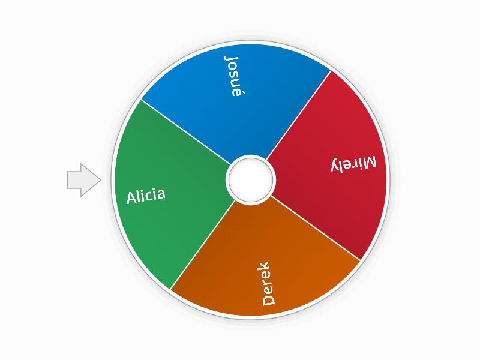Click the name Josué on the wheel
point(233,76)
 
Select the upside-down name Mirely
point(355,164)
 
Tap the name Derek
point(268,283)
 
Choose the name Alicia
point(146,196)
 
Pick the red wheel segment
point(336,198)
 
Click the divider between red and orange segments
point(315,227)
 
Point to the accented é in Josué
point(235,92)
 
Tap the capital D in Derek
point(269,299)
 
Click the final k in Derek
point(265,266)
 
